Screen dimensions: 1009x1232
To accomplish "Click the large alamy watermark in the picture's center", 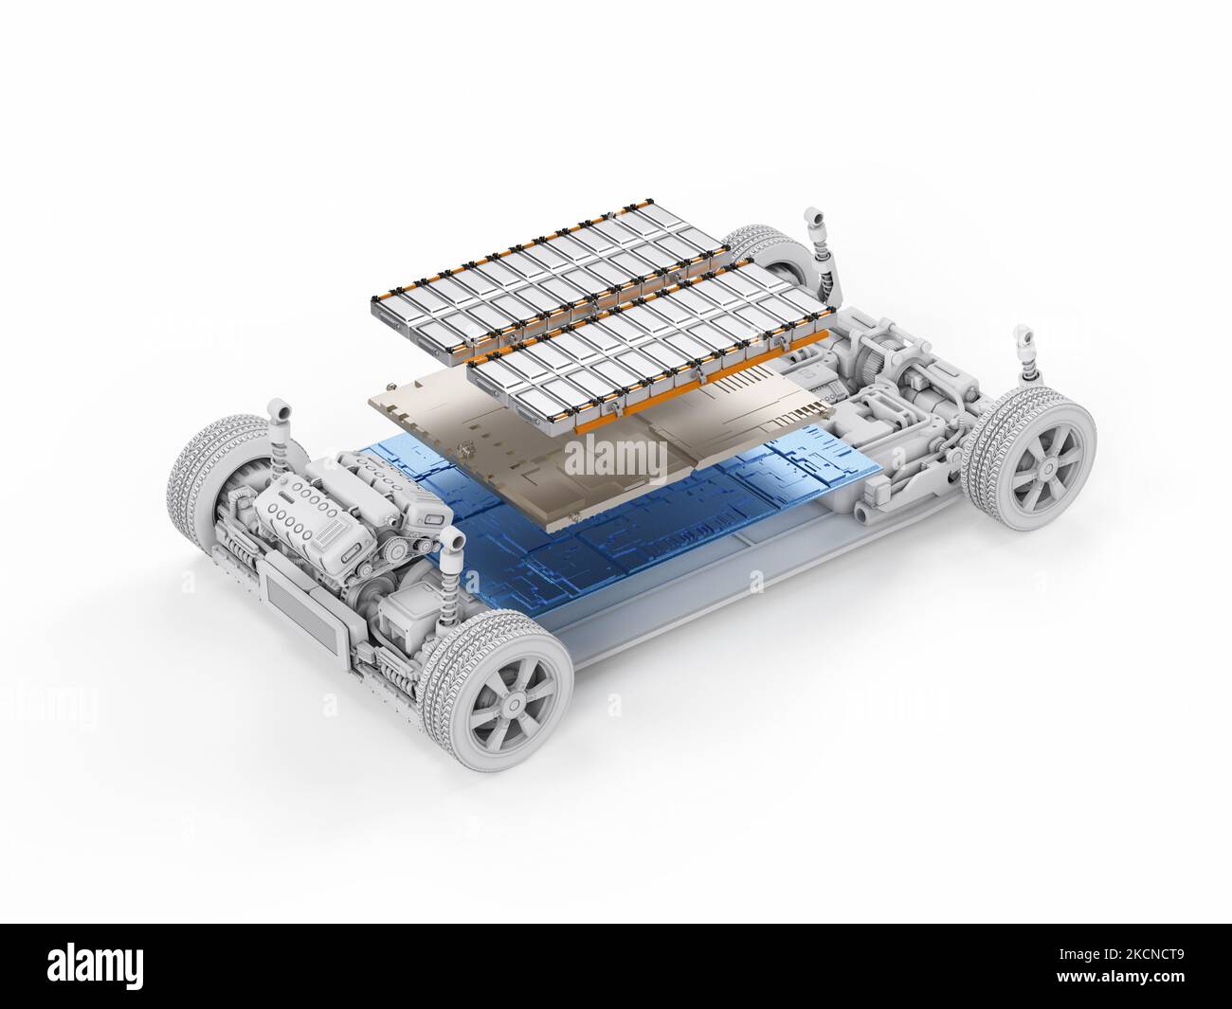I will tap(616, 460).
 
